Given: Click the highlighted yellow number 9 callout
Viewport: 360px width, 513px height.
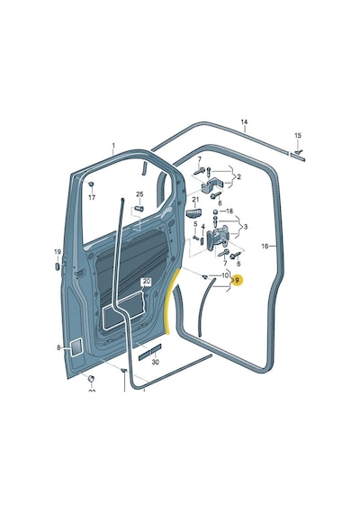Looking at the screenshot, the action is pyautogui.click(x=238, y=281).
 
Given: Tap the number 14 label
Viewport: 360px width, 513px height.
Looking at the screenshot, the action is pyautogui.click(x=244, y=122).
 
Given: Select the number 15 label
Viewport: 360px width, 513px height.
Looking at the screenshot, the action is pyautogui.click(x=298, y=135).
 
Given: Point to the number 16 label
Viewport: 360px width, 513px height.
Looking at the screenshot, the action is pyautogui.click(x=265, y=246).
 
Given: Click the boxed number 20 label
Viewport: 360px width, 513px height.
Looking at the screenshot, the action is pyautogui.click(x=147, y=282).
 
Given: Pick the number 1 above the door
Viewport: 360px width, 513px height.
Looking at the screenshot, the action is pyautogui.click(x=113, y=145).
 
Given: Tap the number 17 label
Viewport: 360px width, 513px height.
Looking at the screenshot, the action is pyautogui.click(x=92, y=198).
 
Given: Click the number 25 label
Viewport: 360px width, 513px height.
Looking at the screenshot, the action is pyautogui.click(x=139, y=194).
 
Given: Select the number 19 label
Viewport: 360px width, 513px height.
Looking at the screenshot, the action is pyautogui.click(x=58, y=252).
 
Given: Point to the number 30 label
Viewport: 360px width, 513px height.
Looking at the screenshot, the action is pyautogui.click(x=156, y=362).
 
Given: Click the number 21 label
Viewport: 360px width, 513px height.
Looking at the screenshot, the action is pyautogui.click(x=195, y=199).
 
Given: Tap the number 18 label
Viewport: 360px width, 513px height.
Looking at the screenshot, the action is pyautogui.click(x=229, y=211).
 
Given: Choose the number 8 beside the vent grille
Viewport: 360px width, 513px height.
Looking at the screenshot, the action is pyautogui.click(x=58, y=347).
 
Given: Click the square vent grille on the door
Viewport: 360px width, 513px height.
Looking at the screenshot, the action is pyautogui.click(x=76, y=347).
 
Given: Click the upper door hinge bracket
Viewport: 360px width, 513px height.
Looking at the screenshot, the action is pyautogui.click(x=212, y=185).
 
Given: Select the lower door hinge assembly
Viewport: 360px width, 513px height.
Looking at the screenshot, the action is pyautogui.click(x=219, y=238).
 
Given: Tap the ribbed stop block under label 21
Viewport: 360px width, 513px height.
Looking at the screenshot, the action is pyautogui.click(x=193, y=213).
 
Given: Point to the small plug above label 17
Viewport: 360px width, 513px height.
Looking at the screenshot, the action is pyautogui.click(x=91, y=184).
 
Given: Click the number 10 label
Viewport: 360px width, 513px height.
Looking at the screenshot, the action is pyautogui.click(x=225, y=275).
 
